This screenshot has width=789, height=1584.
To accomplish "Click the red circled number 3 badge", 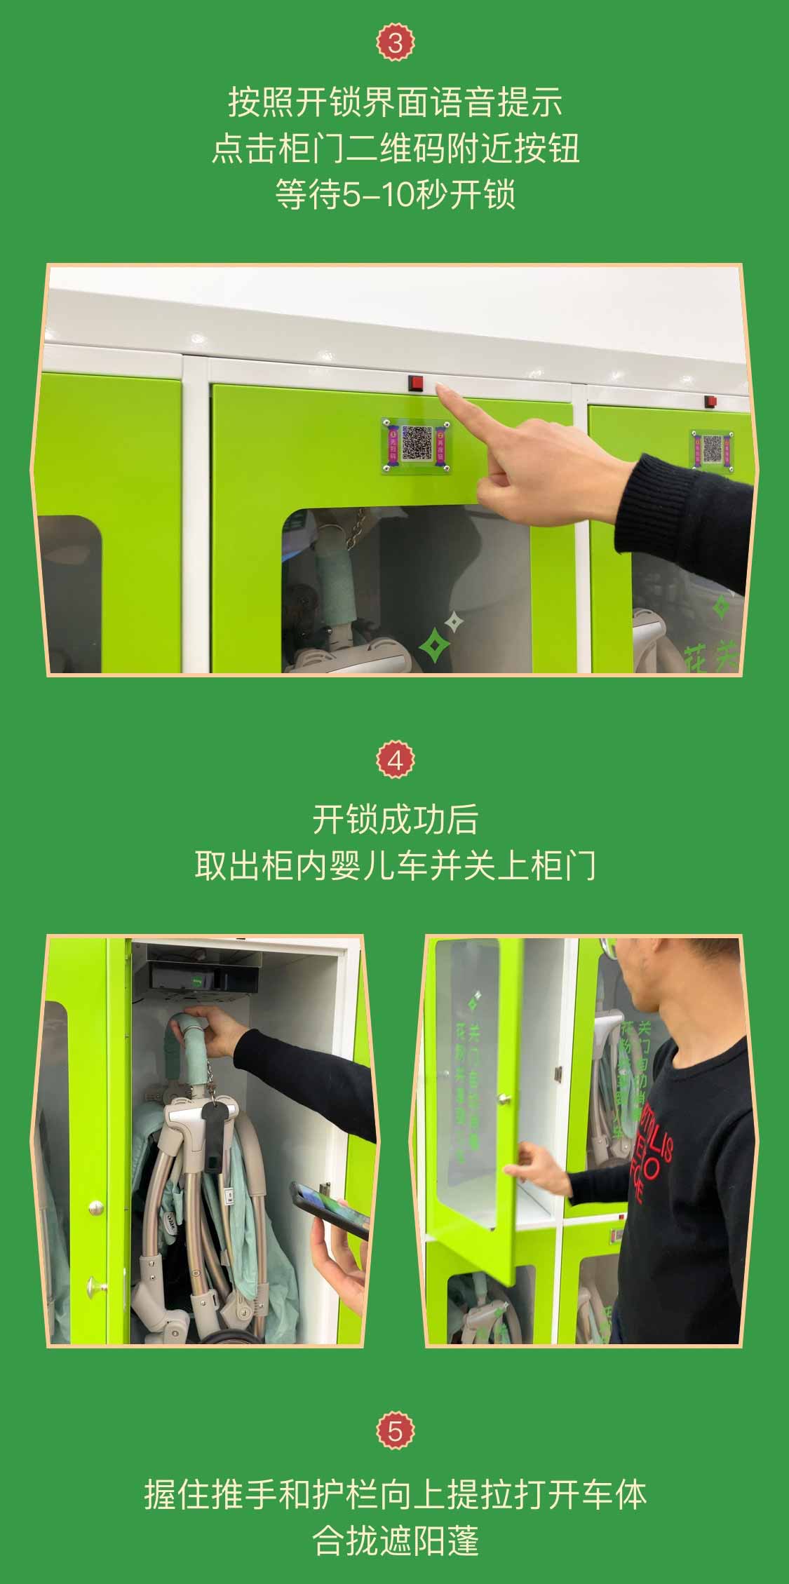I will coord(395,43).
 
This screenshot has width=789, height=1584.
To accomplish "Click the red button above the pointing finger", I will coord(417,383).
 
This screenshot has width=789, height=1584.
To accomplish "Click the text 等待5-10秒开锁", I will coord(395,194).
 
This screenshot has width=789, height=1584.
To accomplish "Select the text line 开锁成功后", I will coord(395,820).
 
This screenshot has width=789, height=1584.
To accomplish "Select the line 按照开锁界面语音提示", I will coord(395,102).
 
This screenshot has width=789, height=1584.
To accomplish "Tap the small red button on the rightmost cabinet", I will coord(710,402).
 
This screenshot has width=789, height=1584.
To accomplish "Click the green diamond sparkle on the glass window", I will coord(435,644).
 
